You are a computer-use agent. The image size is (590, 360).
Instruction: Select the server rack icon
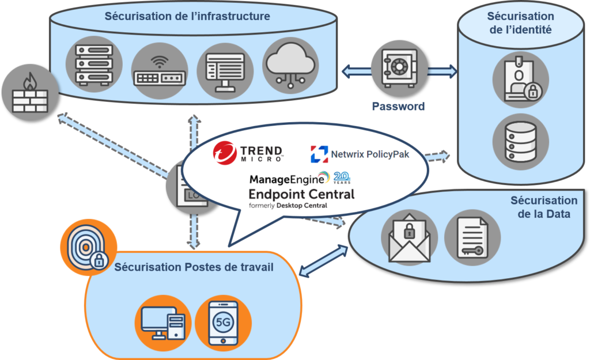pos(94,65)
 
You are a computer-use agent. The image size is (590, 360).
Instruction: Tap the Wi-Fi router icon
pos(160,71)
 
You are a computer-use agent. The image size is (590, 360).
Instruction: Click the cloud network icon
pos(290,65)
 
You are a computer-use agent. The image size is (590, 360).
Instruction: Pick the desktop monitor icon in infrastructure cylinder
pos(225,71)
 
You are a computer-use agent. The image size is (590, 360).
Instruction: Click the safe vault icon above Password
pos(399,68)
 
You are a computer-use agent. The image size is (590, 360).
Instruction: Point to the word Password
pos(399,107)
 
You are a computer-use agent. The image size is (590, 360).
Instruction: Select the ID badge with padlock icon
pos(521,79)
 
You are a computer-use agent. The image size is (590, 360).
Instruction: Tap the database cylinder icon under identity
pos(521,142)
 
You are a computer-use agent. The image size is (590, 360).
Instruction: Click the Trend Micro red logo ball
pos(225,153)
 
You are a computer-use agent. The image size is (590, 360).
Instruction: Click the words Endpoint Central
pos(301,194)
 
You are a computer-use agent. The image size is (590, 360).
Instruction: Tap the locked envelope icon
pos(410,237)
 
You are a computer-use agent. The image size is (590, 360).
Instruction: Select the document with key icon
pos(472,237)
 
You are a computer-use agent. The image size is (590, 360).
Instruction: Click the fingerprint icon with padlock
pos(88,247)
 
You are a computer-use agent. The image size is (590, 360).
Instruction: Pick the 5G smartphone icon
pos(224,323)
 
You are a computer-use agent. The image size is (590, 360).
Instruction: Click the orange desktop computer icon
pos(163,323)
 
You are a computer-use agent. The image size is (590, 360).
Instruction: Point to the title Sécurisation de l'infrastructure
pos(187,16)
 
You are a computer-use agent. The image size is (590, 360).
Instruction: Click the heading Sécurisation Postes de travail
pos(194,267)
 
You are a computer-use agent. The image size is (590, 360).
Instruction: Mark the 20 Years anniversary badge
pos(342,177)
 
